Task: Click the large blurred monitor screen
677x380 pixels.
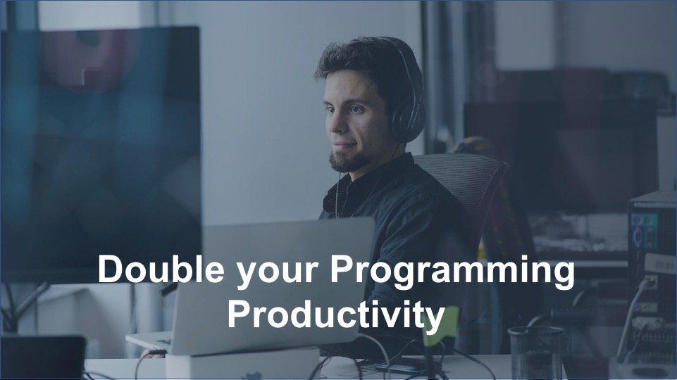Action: tap(99, 141)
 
